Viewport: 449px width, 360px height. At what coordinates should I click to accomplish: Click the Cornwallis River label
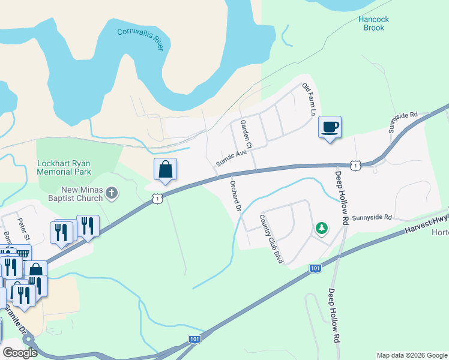pyautogui.click(x=140, y=40)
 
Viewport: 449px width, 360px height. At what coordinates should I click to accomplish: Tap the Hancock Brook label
pyautogui.click(x=373, y=23)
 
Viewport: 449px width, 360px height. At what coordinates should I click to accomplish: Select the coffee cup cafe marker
pyautogui.click(x=329, y=127)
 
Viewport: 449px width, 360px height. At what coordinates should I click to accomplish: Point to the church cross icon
pyautogui.click(x=111, y=193)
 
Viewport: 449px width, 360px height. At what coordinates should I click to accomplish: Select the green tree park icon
pyautogui.click(x=322, y=228)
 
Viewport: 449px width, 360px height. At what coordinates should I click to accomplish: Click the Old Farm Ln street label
pyautogui.click(x=309, y=99)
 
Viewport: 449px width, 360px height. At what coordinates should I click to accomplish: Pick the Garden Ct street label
pyautogui.click(x=246, y=134)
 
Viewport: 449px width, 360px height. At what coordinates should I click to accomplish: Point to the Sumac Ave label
pyautogui.click(x=232, y=159)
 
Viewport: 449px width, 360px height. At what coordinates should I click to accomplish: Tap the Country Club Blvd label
pyautogui.click(x=270, y=239)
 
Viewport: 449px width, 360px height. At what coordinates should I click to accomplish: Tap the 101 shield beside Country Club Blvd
pyautogui.click(x=315, y=268)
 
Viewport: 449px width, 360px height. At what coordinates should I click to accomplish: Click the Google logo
pyautogui.click(x=20, y=353)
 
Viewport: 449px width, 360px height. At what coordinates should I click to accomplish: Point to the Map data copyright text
pyautogui.click(x=411, y=355)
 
